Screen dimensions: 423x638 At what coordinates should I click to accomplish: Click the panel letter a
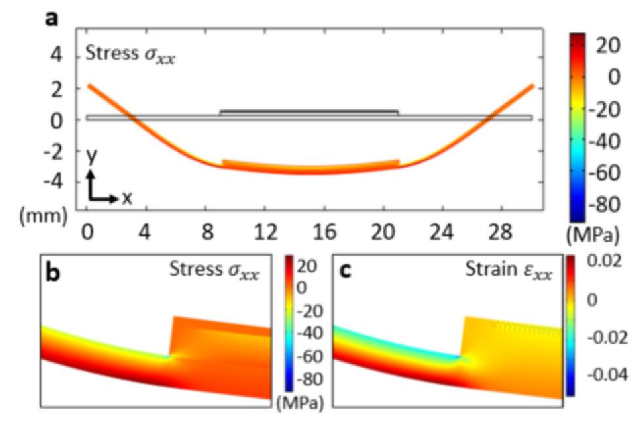[51, 18]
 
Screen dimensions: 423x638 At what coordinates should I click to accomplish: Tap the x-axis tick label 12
[264, 233]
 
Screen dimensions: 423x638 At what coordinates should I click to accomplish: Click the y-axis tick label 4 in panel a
[58, 57]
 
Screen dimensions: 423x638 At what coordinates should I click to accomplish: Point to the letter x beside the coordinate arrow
[126, 197]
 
